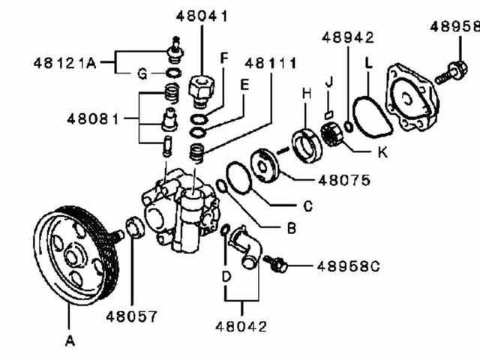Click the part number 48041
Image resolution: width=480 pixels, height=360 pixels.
(203, 15)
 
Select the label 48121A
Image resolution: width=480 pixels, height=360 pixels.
(64, 63)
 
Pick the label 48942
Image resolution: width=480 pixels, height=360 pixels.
(348, 37)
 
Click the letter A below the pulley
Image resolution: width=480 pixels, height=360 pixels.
(70, 341)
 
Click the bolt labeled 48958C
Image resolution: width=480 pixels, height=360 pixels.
(277, 264)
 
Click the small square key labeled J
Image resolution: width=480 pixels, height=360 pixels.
(328, 114)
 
